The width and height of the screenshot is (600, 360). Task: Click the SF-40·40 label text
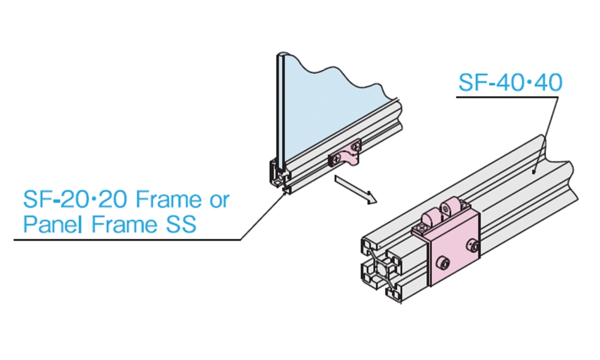click(510, 83)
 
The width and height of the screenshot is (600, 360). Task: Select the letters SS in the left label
click(179, 224)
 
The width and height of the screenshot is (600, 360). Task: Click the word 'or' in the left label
click(219, 199)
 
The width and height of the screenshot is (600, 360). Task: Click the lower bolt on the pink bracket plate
click(445, 263)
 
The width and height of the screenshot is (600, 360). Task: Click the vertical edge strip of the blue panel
click(280, 108)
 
